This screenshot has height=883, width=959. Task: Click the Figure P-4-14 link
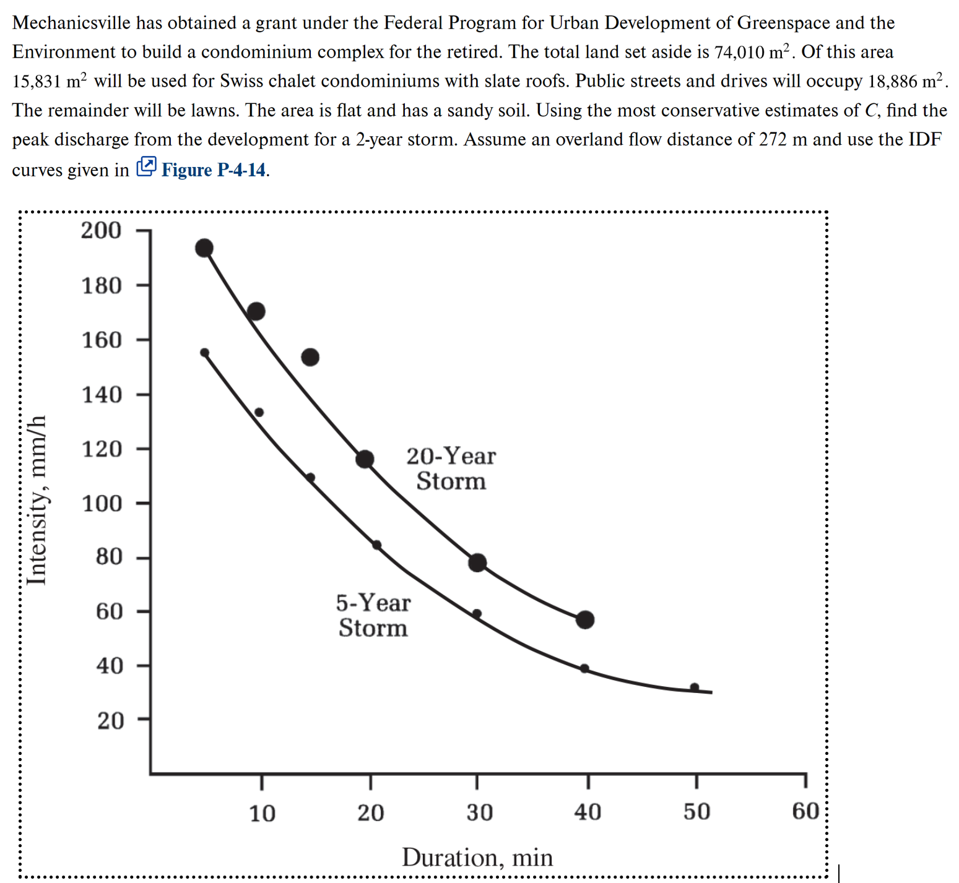click(x=214, y=170)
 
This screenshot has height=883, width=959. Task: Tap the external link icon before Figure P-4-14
click(x=146, y=166)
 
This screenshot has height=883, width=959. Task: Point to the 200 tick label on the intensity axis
click(x=102, y=230)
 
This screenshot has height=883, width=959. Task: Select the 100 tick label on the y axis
click(x=103, y=504)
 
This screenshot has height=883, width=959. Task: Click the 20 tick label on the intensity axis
click(x=110, y=721)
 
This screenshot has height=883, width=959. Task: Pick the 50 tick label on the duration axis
click(x=696, y=812)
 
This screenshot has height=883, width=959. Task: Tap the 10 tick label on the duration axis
click(x=262, y=813)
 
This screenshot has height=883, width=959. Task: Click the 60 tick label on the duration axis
click(x=805, y=811)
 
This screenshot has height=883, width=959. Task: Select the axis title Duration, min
click(x=477, y=858)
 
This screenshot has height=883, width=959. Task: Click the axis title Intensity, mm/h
click(x=37, y=500)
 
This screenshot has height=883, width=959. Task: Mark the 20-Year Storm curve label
click(x=451, y=468)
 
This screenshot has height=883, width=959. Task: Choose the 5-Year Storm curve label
click(x=373, y=615)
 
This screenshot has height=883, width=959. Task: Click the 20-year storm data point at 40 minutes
click(x=585, y=619)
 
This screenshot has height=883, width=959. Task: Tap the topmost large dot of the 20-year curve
click(x=204, y=248)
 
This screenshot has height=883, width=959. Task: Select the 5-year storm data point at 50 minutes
click(x=695, y=687)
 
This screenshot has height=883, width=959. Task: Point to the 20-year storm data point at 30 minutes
click(x=477, y=563)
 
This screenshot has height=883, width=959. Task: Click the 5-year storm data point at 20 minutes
click(x=376, y=545)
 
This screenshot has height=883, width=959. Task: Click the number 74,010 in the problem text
click(x=739, y=52)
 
